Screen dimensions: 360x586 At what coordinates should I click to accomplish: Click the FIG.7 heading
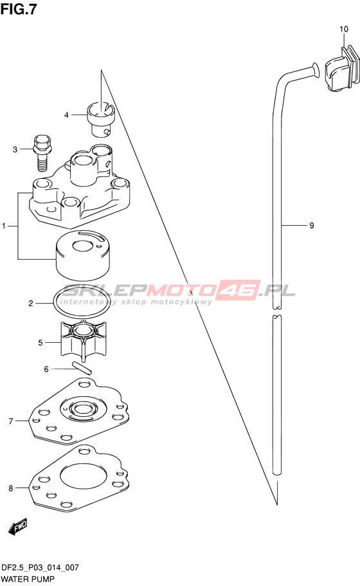point(19,9)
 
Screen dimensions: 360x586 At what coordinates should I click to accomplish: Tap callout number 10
point(343,29)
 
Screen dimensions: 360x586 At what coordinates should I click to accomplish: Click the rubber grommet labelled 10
point(341,69)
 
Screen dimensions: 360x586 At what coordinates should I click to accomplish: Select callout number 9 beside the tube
point(311,225)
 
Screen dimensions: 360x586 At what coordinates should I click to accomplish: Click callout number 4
point(66,114)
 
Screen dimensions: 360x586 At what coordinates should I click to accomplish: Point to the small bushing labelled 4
point(101,118)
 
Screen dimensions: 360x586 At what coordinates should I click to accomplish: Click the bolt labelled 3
point(42,152)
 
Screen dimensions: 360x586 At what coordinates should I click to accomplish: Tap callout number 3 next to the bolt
point(15,149)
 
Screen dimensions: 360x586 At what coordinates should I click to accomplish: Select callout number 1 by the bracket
point(4,226)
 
